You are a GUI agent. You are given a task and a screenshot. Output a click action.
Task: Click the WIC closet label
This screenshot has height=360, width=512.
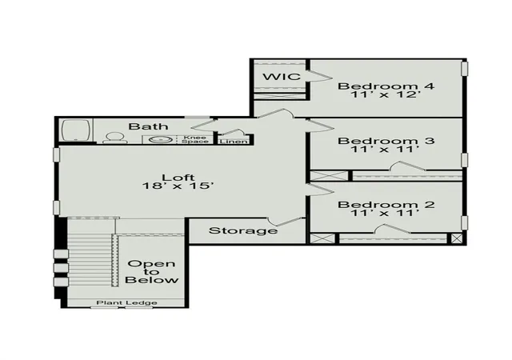(x=282, y=77)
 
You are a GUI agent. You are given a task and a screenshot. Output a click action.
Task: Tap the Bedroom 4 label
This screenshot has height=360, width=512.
(x=386, y=86)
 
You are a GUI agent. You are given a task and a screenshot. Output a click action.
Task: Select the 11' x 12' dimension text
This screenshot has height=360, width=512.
(x=385, y=94)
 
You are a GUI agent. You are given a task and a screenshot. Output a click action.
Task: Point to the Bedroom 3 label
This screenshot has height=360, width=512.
(x=386, y=141)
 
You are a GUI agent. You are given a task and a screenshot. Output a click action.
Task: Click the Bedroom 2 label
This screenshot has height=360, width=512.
(x=386, y=205)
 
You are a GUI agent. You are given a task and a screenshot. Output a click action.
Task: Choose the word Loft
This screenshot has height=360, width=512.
(x=178, y=178)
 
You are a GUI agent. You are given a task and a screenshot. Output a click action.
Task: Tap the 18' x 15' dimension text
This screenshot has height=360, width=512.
(x=178, y=186)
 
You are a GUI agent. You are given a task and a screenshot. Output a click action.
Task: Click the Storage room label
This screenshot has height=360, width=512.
(x=243, y=230)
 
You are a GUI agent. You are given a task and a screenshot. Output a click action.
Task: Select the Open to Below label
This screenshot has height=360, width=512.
(x=151, y=272)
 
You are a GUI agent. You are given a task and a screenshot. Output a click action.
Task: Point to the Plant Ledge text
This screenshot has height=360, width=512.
(x=126, y=303)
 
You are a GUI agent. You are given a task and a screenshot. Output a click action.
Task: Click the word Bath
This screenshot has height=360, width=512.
(x=148, y=126)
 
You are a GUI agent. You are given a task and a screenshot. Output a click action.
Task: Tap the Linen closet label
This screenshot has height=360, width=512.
(x=234, y=142)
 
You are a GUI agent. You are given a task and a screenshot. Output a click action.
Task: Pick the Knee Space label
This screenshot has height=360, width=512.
(x=195, y=139)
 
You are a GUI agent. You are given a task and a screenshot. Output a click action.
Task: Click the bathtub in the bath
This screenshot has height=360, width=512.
(x=76, y=130)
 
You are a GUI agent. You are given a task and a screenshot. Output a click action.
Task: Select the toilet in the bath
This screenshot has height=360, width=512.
(x=115, y=138)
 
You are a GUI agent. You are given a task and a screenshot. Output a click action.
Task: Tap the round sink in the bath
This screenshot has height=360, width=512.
(x=161, y=140)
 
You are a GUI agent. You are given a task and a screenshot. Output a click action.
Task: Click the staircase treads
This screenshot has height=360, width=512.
(x=90, y=261)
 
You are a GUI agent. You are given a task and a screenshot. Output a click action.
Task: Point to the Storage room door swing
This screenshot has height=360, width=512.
(x=285, y=221)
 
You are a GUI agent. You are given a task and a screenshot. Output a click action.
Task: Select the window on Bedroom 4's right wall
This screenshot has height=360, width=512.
(x=464, y=69)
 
